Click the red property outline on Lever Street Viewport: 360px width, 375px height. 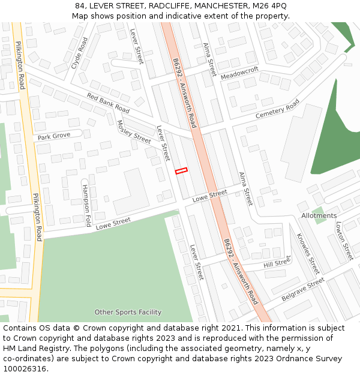pos(181,171)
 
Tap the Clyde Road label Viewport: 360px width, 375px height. pos(79,53)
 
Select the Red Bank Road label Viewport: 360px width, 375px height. pos(108,103)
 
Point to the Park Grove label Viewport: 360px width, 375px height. pos(54,137)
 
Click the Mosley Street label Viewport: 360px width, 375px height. pos(133,132)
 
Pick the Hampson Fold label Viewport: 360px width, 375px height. pos(86,205)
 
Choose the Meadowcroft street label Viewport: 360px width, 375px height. pos(239,73)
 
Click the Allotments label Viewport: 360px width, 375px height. pos(319,215)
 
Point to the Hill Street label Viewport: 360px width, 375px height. pos(277,262)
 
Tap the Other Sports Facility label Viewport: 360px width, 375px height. pos(128,312)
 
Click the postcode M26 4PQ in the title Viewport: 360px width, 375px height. pos(269,5)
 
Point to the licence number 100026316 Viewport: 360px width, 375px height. pos(24,369)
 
